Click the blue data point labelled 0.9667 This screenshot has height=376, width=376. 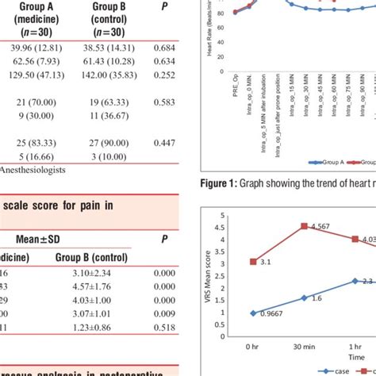point(254,313)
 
